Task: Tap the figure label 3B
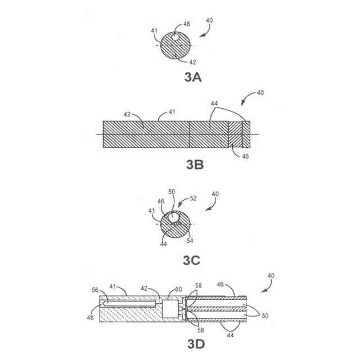click(195, 165)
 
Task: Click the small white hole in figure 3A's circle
click(175, 38)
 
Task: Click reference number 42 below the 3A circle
click(193, 62)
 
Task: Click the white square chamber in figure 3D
click(169, 309)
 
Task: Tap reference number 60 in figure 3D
click(179, 289)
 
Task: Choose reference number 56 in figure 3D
click(95, 290)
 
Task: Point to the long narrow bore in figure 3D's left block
click(130, 304)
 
